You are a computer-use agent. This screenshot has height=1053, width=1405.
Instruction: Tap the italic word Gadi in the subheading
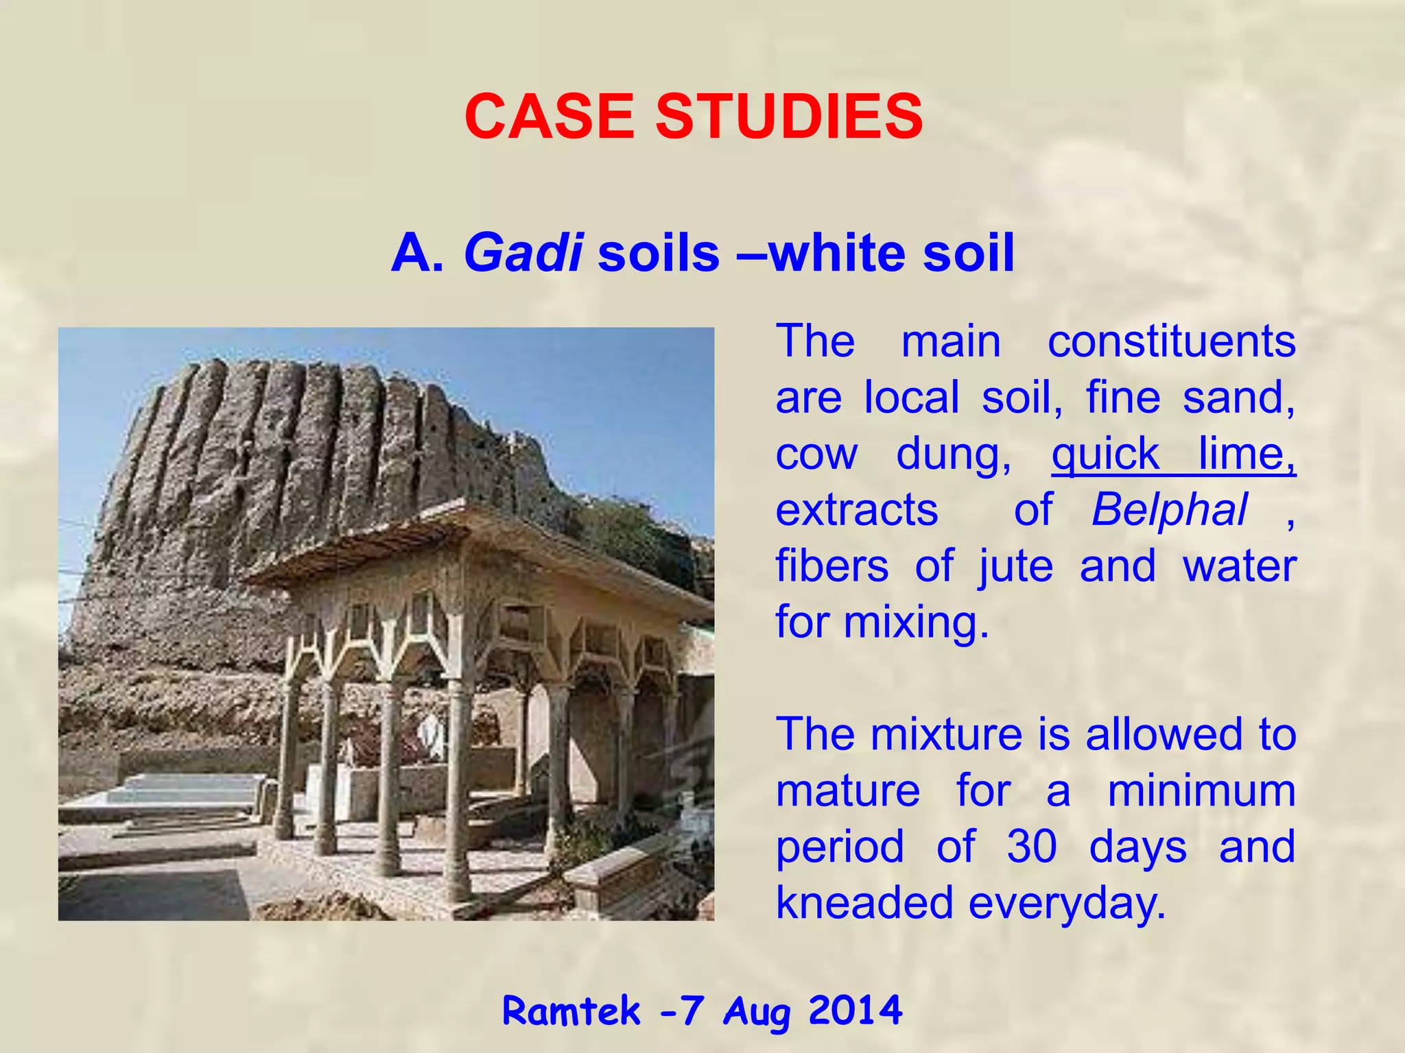point(523,253)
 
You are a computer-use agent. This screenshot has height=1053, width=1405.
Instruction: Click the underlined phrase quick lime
point(1173,455)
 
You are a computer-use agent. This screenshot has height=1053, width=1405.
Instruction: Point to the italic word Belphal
point(1169,511)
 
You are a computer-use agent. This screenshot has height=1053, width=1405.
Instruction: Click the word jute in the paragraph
point(1015,567)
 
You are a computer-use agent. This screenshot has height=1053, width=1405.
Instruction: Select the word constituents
point(1171,341)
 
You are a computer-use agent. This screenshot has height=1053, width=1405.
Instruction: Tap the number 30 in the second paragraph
point(1032,847)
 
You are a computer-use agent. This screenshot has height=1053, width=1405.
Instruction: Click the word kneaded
point(864,903)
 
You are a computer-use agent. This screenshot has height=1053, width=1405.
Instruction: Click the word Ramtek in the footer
point(571,1011)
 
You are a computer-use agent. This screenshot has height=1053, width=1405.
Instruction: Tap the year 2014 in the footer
point(855,1010)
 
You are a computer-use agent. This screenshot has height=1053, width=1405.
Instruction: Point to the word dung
point(954,455)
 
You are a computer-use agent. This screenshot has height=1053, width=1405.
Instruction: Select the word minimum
point(1201,790)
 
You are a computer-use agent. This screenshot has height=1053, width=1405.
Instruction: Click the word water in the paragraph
point(1239,567)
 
